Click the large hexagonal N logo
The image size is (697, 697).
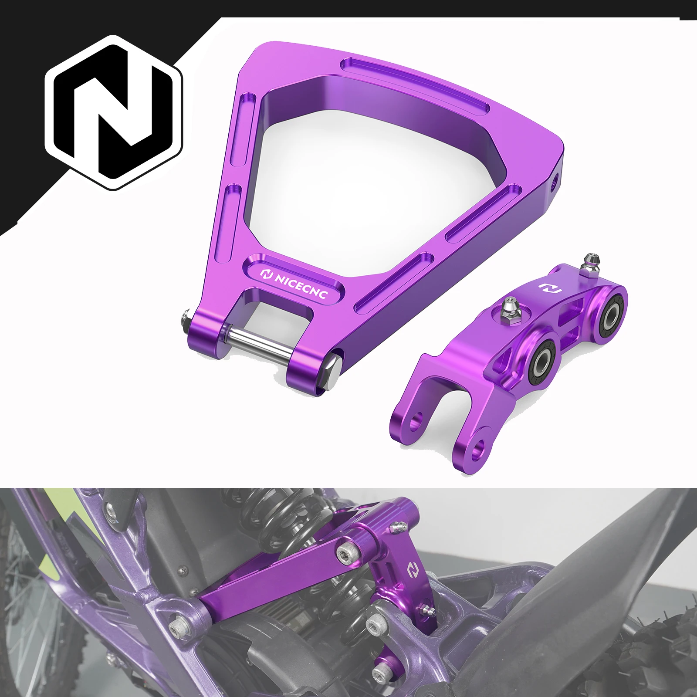(114, 112)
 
